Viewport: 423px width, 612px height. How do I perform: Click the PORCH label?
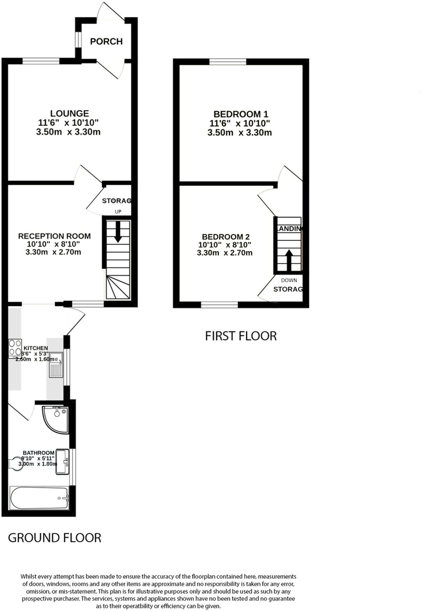(x=106, y=41)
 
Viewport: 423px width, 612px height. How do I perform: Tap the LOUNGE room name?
(x=69, y=114)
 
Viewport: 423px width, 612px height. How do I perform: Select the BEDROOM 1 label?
(x=241, y=114)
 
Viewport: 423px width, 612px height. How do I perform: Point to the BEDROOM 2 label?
(x=226, y=237)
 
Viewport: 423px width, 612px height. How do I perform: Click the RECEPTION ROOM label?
(x=54, y=236)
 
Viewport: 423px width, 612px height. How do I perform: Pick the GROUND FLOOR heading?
(x=54, y=538)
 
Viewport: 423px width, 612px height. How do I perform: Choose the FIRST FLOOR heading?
(x=241, y=336)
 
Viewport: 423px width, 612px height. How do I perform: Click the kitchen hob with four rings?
(x=15, y=348)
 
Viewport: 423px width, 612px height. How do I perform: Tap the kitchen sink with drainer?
(x=56, y=365)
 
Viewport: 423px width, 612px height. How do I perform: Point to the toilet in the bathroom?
(x=16, y=464)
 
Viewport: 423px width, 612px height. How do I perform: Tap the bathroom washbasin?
(x=63, y=462)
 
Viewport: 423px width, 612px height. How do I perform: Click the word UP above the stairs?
(x=118, y=212)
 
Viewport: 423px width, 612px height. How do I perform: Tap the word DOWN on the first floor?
(x=289, y=280)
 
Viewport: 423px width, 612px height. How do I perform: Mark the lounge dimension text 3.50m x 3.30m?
(x=68, y=132)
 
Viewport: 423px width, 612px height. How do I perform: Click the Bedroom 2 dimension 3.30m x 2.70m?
(x=225, y=253)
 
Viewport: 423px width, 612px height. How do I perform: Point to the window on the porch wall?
(x=78, y=39)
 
